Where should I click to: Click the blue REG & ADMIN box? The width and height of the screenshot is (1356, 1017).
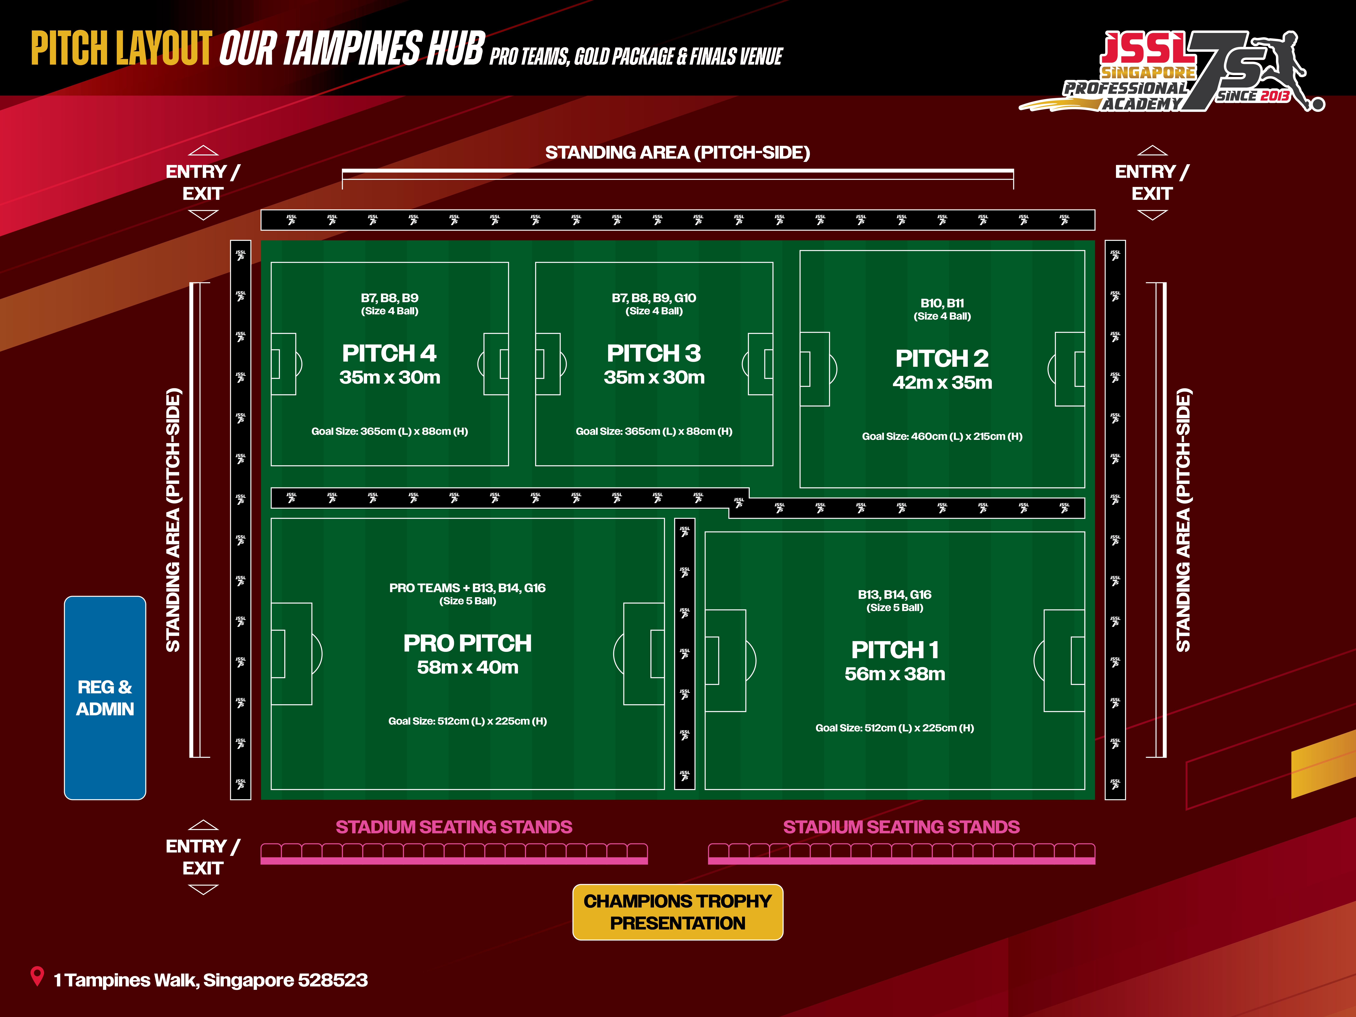click(105, 698)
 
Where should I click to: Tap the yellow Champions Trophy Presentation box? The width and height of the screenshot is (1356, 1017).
click(677, 912)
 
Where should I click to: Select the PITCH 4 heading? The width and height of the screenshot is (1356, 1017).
click(389, 353)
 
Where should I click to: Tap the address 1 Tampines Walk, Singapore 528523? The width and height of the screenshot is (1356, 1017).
click(210, 980)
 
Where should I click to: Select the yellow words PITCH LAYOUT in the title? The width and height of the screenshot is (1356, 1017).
click(121, 49)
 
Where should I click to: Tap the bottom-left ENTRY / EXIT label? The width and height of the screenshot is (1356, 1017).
click(203, 857)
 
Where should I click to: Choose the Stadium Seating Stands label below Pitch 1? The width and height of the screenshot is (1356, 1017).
click(901, 827)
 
